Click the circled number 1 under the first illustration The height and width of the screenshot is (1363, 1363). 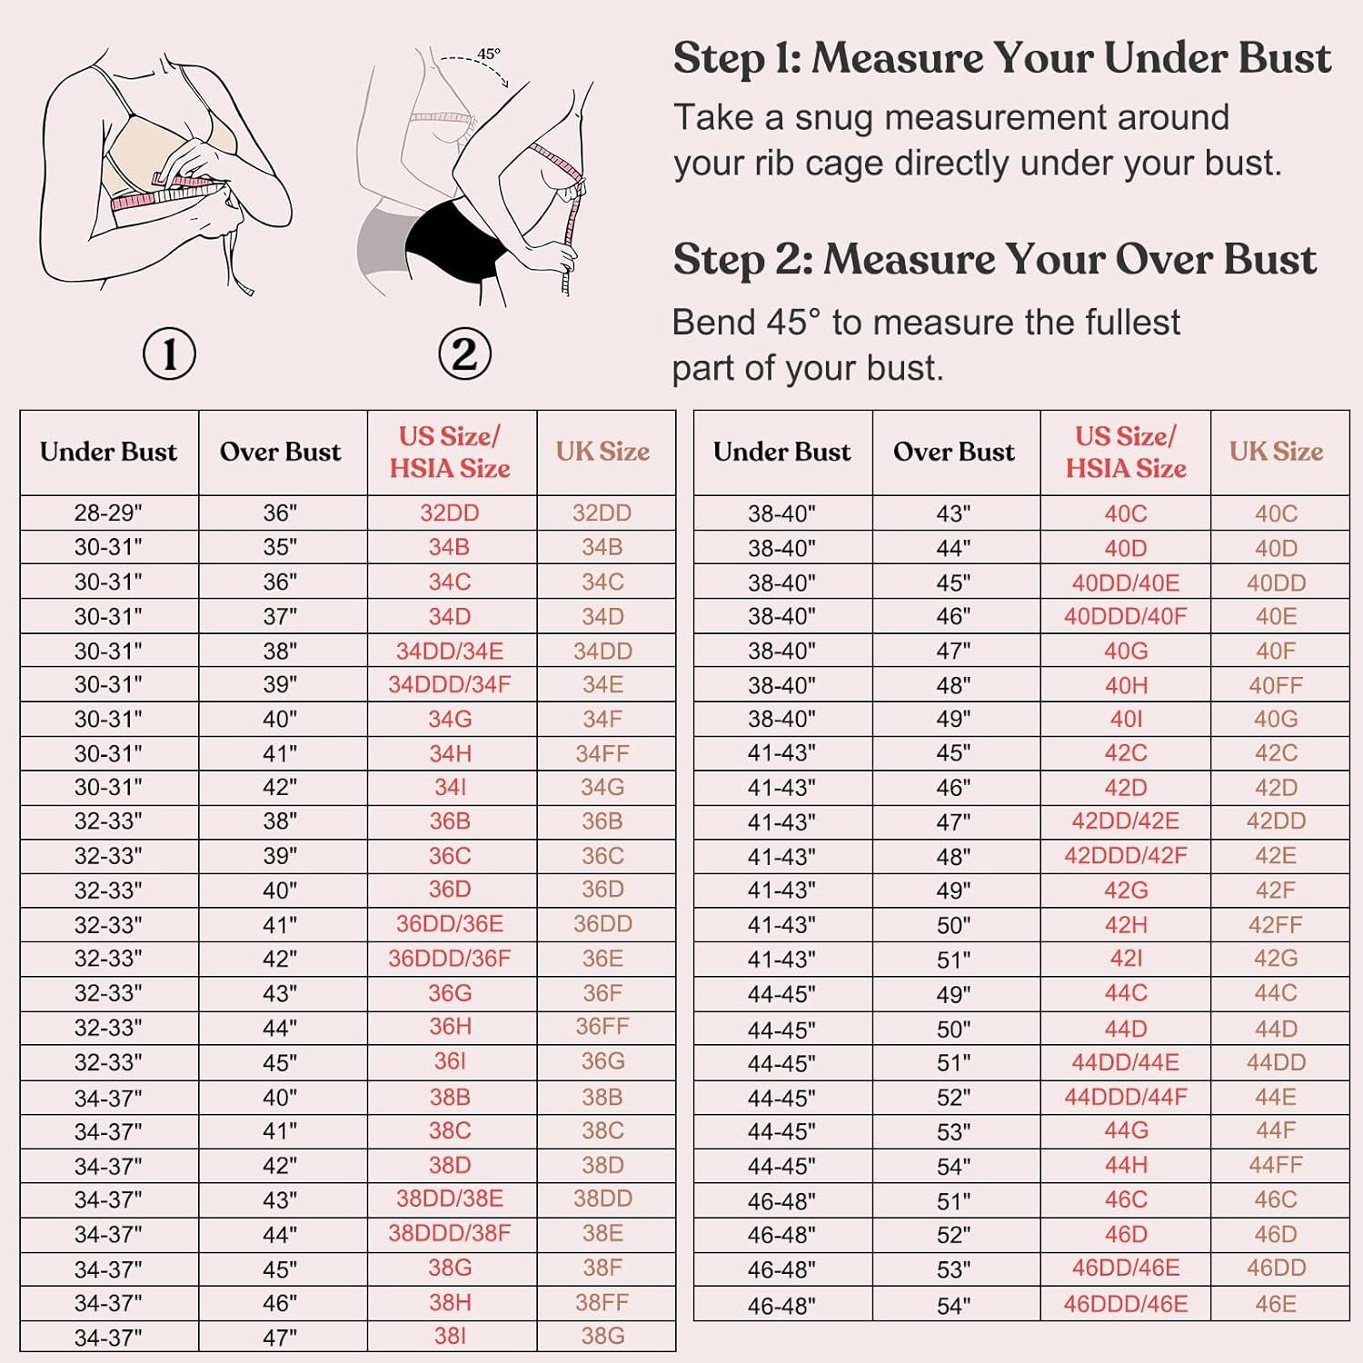click(x=170, y=354)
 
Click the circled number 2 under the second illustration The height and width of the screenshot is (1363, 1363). click(x=464, y=353)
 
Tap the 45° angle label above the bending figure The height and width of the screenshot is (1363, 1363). click(x=489, y=54)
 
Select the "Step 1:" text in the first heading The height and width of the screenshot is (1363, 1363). click(x=737, y=59)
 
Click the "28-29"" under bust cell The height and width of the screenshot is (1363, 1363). click(x=109, y=513)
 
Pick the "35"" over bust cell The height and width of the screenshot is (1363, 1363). click(x=280, y=547)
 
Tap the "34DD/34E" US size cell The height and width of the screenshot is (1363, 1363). click(x=450, y=651)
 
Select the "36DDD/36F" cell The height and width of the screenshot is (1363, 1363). click(x=450, y=959)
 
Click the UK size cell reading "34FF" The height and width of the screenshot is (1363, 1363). click(x=602, y=753)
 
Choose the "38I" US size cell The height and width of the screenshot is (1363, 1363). click(x=450, y=1336)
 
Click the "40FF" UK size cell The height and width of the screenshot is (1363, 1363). click(x=1276, y=685)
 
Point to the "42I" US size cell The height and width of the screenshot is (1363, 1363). click(x=1126, y=959)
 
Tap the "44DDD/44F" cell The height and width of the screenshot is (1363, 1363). click(x=1126, y=1097)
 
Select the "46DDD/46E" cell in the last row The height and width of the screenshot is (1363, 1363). click(x=1126, y=1304)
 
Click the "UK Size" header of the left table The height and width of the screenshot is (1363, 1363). click(x=603, y=452)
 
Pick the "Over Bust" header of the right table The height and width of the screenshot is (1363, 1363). click(x=954, y=452)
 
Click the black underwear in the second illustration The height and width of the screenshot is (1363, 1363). click(x=450, y=238)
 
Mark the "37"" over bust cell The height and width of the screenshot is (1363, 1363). click(x=280, y=617)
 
